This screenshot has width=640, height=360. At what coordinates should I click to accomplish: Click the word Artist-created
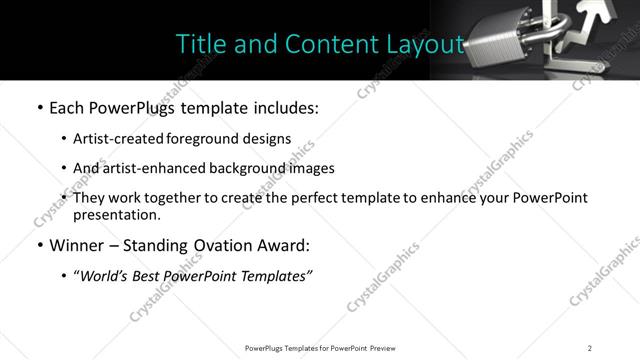[x=111, y=139]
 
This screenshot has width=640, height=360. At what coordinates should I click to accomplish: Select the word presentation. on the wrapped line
[x=116, y=214]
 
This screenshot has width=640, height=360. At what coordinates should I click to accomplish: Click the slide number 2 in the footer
[x=590, y=347]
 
